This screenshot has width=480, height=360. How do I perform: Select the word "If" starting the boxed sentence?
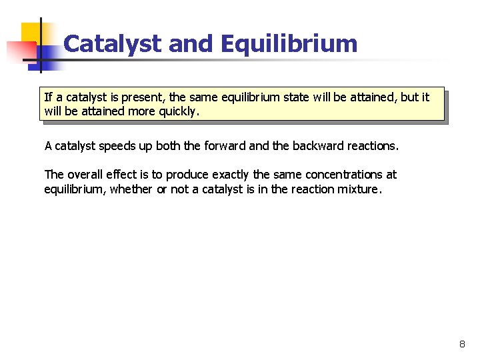[48, 97]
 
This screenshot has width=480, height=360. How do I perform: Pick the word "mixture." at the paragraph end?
[361, 189]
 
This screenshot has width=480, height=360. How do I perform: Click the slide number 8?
[462, 345]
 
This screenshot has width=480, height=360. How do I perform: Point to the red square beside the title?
[20, 51]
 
